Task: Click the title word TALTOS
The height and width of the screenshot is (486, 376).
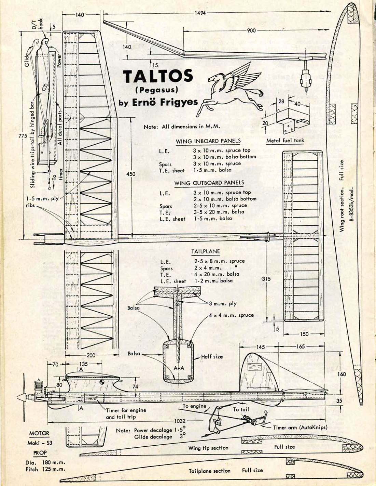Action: (158, 76)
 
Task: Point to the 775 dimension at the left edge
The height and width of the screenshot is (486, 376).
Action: (23, 136)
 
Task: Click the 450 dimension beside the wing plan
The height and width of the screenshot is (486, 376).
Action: (131, 174)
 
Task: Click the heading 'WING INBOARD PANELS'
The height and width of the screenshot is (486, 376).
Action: (208, 141)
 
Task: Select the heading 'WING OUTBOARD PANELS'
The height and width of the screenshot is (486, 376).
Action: (209, 183)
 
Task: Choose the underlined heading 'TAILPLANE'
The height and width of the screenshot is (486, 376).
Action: (205, 251)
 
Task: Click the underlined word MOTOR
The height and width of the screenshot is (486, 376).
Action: (39, 433)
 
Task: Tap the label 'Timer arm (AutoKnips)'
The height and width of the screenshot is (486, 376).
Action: (300, 427)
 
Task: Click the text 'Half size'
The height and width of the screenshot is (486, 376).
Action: (212, 356)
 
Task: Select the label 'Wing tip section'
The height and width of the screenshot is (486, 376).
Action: (208, 448)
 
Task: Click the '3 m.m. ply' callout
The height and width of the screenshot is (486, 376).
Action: (223, 303)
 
